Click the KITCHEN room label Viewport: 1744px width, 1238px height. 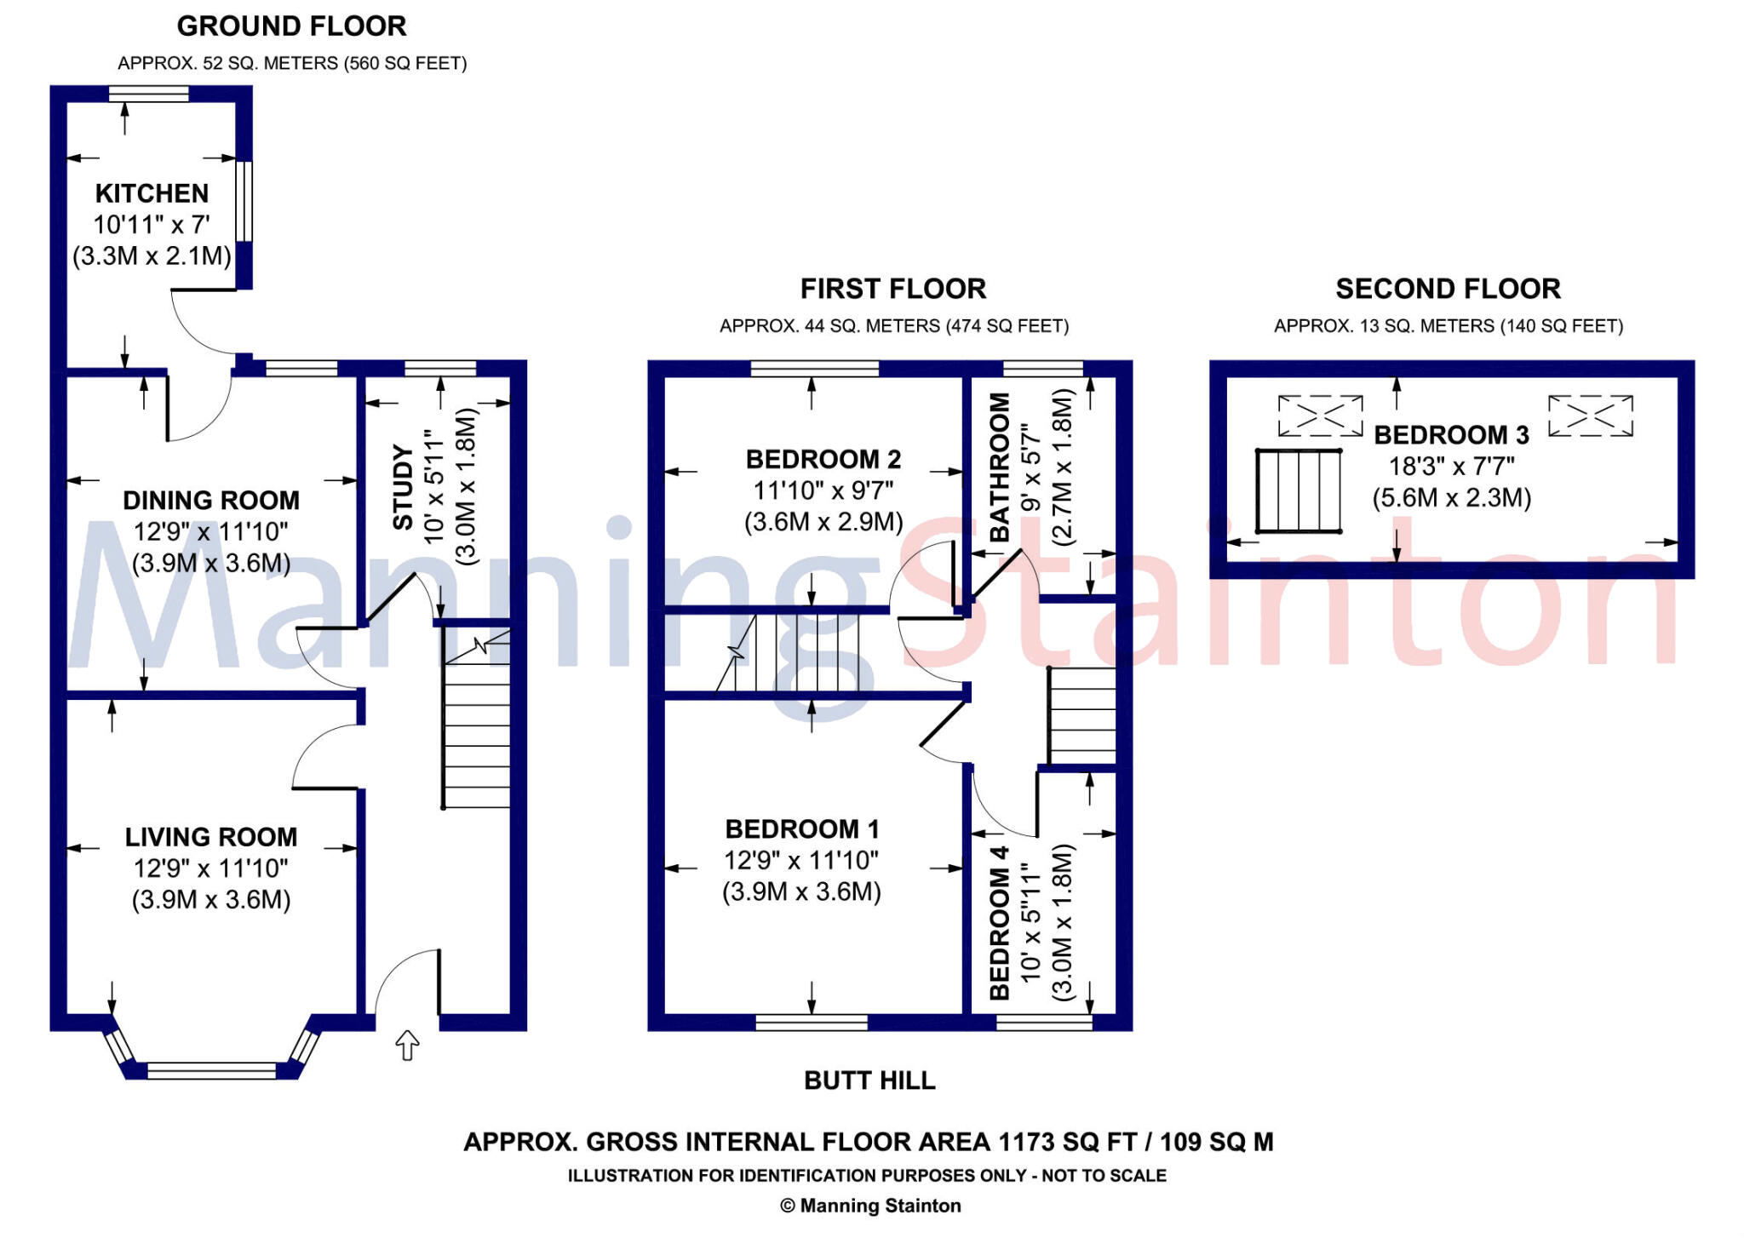tap(152, 193)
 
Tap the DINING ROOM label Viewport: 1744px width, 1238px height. tap(211, 500)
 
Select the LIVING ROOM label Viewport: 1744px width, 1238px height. tap(211, 837)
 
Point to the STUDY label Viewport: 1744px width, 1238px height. tap(402, 486)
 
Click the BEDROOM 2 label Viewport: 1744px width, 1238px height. tap(823, 460)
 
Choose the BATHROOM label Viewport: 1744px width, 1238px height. tap(1000, 467)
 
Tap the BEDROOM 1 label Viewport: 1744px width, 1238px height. tap(802, 829)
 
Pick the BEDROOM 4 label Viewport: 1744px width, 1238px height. tap(1000, 923)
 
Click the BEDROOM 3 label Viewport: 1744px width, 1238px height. tap(1452, 435)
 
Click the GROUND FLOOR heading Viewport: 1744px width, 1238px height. tap(292, 26)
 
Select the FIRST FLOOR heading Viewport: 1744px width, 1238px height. tap(893, 289)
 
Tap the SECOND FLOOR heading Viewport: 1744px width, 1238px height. tap(1449, 289)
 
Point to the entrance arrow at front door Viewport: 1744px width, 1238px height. tap(408, 1045)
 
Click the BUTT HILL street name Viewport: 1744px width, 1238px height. tap(869, 1080)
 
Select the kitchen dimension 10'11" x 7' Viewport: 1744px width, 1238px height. tap(152, 225)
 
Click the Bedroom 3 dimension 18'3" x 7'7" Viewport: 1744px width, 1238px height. tap(1452, 467)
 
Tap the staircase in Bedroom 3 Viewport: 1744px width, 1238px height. tap(1299, 491)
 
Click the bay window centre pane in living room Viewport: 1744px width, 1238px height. tap(212, 1070)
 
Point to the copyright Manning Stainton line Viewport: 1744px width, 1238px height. tap(870, 1206)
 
